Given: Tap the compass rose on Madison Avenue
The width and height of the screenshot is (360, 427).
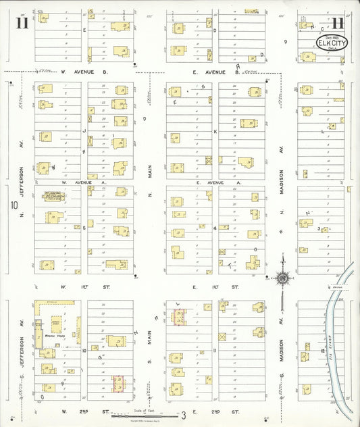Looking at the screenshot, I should (x=282, y=277).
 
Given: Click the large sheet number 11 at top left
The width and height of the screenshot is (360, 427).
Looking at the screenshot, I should (x=21, y=26).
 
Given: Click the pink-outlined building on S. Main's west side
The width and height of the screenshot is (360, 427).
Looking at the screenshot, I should (x=119, y=384).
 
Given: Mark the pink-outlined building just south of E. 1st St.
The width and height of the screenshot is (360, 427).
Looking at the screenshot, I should (x=178, y=317).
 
